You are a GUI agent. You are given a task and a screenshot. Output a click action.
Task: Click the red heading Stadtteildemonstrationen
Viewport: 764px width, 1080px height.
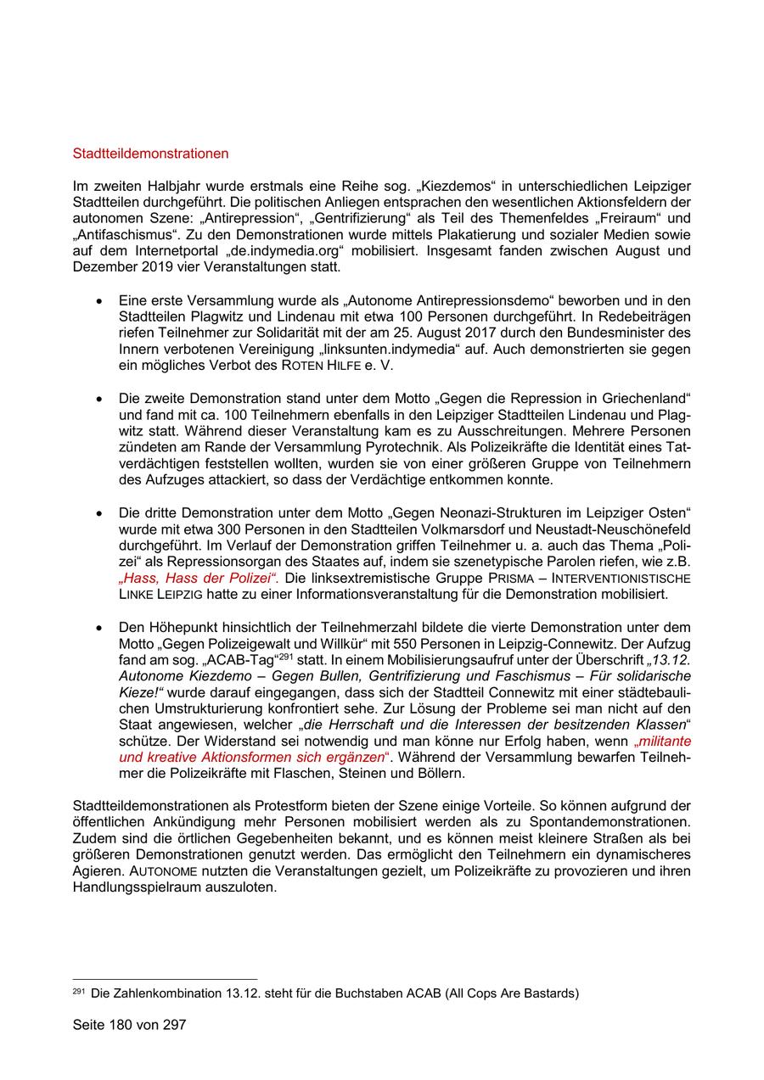[x=151, y=154]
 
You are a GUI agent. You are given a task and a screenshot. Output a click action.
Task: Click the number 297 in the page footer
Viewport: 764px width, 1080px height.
[x=174, y=1024]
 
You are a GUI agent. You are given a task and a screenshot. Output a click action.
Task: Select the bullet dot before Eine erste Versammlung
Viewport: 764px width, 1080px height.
[x=100, y=301]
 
